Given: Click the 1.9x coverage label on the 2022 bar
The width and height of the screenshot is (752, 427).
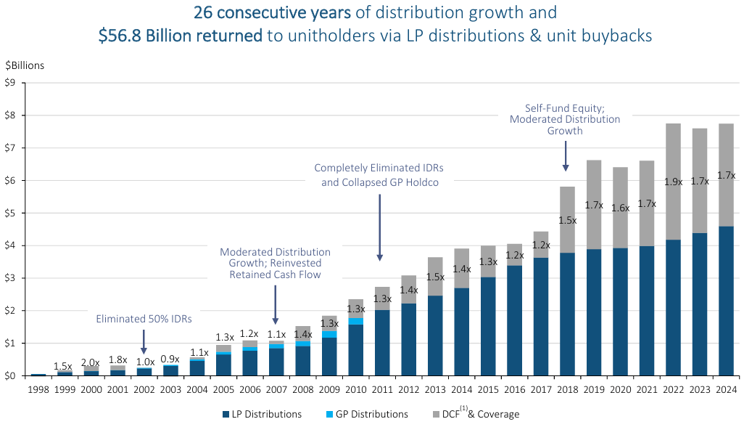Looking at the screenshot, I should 674,182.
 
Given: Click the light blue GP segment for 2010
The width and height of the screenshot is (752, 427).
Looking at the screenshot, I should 356,320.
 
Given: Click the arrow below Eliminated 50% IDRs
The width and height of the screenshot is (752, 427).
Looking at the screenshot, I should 144,341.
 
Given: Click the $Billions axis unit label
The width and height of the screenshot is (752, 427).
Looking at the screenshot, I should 25,65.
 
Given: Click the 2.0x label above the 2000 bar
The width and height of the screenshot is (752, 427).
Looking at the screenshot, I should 91,362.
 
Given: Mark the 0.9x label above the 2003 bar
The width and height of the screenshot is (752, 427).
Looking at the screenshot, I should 170,359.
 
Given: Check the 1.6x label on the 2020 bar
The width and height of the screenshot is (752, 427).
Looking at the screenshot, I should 620,208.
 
